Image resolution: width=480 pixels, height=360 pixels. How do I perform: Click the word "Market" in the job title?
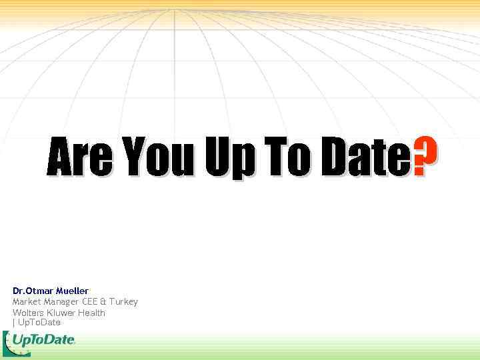pos(27,302)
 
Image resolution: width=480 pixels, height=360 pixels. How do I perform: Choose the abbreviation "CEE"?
pos(91,302)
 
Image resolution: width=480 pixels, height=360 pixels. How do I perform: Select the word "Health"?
pos(92,313)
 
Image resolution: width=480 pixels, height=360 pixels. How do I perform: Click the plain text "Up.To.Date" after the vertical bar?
pos(39,323)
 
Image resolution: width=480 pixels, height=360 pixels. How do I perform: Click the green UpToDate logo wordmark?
pos(43,341)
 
